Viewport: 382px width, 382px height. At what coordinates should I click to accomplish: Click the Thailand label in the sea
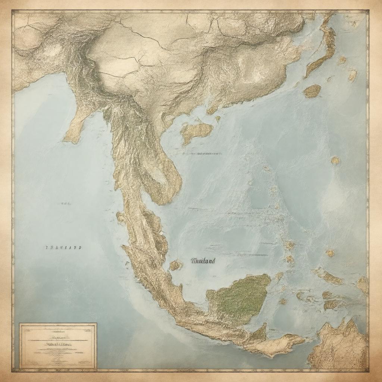(203, 261)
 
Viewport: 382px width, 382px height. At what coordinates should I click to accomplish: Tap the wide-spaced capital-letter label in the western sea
(63, 247)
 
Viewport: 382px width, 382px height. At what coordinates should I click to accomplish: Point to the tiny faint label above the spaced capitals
(66, 204)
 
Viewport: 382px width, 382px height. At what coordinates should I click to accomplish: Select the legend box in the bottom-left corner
(58, 346)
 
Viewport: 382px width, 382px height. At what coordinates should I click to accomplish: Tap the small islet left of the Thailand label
(175, 265)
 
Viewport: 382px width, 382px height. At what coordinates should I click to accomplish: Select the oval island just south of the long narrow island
(312, 91)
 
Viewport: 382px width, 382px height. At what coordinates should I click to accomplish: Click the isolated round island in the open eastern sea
(335, 160)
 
